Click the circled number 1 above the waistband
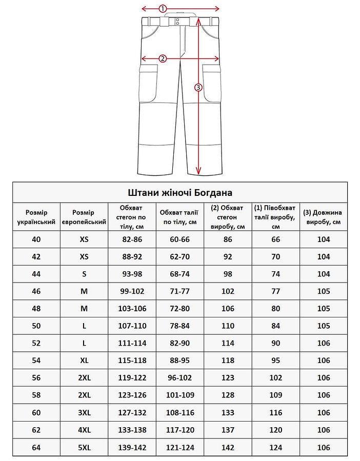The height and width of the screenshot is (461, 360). pyautogui.click(x=163, y=8)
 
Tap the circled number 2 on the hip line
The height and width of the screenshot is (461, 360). pyautogui.click(x=163, y=58)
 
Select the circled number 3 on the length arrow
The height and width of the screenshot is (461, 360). pyautogui.click(x=199, y=87)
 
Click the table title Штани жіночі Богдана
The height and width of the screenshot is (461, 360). pyautogui.click(x=179, y=193)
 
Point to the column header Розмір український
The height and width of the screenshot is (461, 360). pyautogui.click(x=36, y=217)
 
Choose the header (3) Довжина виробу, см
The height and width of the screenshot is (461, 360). pyautogui.click(x=323, y=217)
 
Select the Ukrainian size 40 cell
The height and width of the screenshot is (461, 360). pyautogui.click(x=36, y=239)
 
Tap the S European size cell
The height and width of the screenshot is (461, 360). pyautogui.click(x=84, y=274)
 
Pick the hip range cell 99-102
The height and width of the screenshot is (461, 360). pyautogui.click(x=132, y=292)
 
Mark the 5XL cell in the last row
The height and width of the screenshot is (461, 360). pyautogui.click(x=84, y=448)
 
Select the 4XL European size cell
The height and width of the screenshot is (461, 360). pyautogui.click(x=84, y=430)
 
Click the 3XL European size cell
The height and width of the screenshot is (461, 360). pyautogui.click(x=84, y=413)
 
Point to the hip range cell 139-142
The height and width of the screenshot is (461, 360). pyautogui.click(x=132, y=448)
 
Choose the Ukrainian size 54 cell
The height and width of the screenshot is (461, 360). pyautogui.click(x=36, y=361)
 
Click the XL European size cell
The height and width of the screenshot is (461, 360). pyautogui.click(x=84, y=361)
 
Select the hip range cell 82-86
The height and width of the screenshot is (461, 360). pyautogui.click(x=132, y=239)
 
